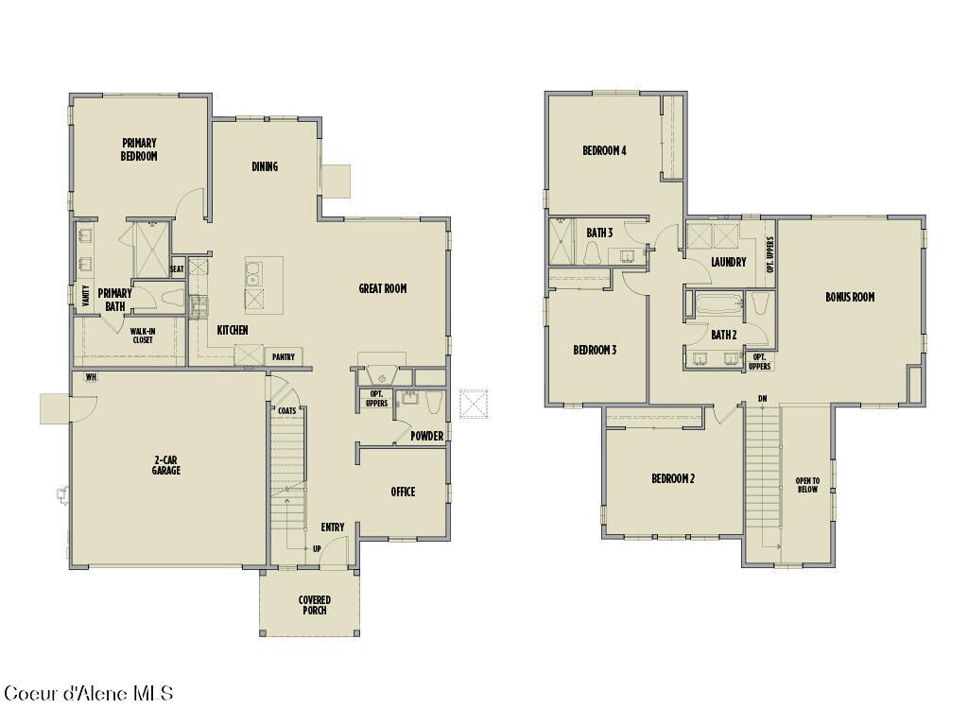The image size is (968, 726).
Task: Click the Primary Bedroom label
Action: tap(139, 149)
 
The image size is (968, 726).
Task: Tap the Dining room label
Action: tap(265, 166)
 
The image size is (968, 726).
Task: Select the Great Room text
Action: tap(383, 288)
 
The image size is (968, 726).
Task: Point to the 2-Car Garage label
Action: tap(166, 465)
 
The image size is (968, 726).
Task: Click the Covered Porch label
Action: tap(314, 605)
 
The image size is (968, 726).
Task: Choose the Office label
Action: tap(403, 492)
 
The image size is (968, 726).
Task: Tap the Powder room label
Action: tap(427, 436)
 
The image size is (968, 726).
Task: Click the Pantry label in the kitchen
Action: tap(283, 357)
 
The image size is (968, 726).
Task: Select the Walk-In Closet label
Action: tap(143, 335)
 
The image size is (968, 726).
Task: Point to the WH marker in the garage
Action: tap(92, 377)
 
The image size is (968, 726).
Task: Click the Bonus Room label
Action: tap(850, 297)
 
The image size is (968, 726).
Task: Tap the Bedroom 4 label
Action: tap(604, 150)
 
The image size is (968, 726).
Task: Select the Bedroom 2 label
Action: tap(673, 478)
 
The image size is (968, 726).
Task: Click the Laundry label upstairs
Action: tap(729, 262)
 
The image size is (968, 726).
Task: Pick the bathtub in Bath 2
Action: tap(718, 304)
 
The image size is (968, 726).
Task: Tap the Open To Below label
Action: tap(807, 485)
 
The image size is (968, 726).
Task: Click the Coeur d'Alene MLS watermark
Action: tap(89, 694)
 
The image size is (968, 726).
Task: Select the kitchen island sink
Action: tap(253, 273)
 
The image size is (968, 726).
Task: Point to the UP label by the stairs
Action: tap(317, 548)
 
